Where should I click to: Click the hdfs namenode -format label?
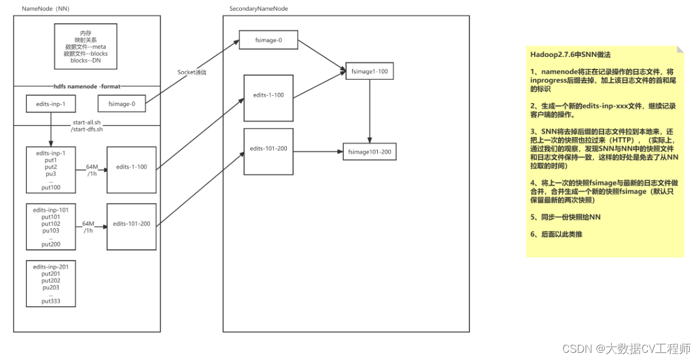tap(87, 86)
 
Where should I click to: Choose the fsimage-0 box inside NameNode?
tap(122, 104)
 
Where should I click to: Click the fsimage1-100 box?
tap(370, 72)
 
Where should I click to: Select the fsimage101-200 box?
tap(369, 152)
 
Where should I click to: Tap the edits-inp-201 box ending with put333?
tap(51, 284)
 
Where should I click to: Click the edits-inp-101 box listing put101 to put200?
tap(51, 228)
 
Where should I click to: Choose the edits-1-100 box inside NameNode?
tap(131, 167)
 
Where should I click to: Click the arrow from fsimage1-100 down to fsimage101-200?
tap(370, 111)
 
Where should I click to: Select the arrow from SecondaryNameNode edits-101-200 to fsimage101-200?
tap(317, 152)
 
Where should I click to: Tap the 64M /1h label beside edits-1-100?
tap(92, 170)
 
